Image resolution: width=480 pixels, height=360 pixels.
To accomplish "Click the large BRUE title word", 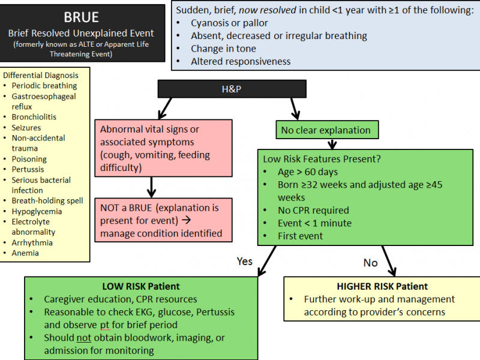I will click(82, 17).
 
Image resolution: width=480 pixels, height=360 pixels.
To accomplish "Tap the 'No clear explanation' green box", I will click(326, 129).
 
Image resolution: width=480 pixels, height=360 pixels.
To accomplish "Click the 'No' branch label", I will click(371, 262).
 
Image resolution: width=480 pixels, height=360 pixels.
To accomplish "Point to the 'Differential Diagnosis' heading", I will click(41, 75).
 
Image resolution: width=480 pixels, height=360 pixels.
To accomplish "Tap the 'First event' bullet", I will click(300, 236).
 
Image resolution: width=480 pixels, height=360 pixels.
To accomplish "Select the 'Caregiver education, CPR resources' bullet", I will click(120, 299).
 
